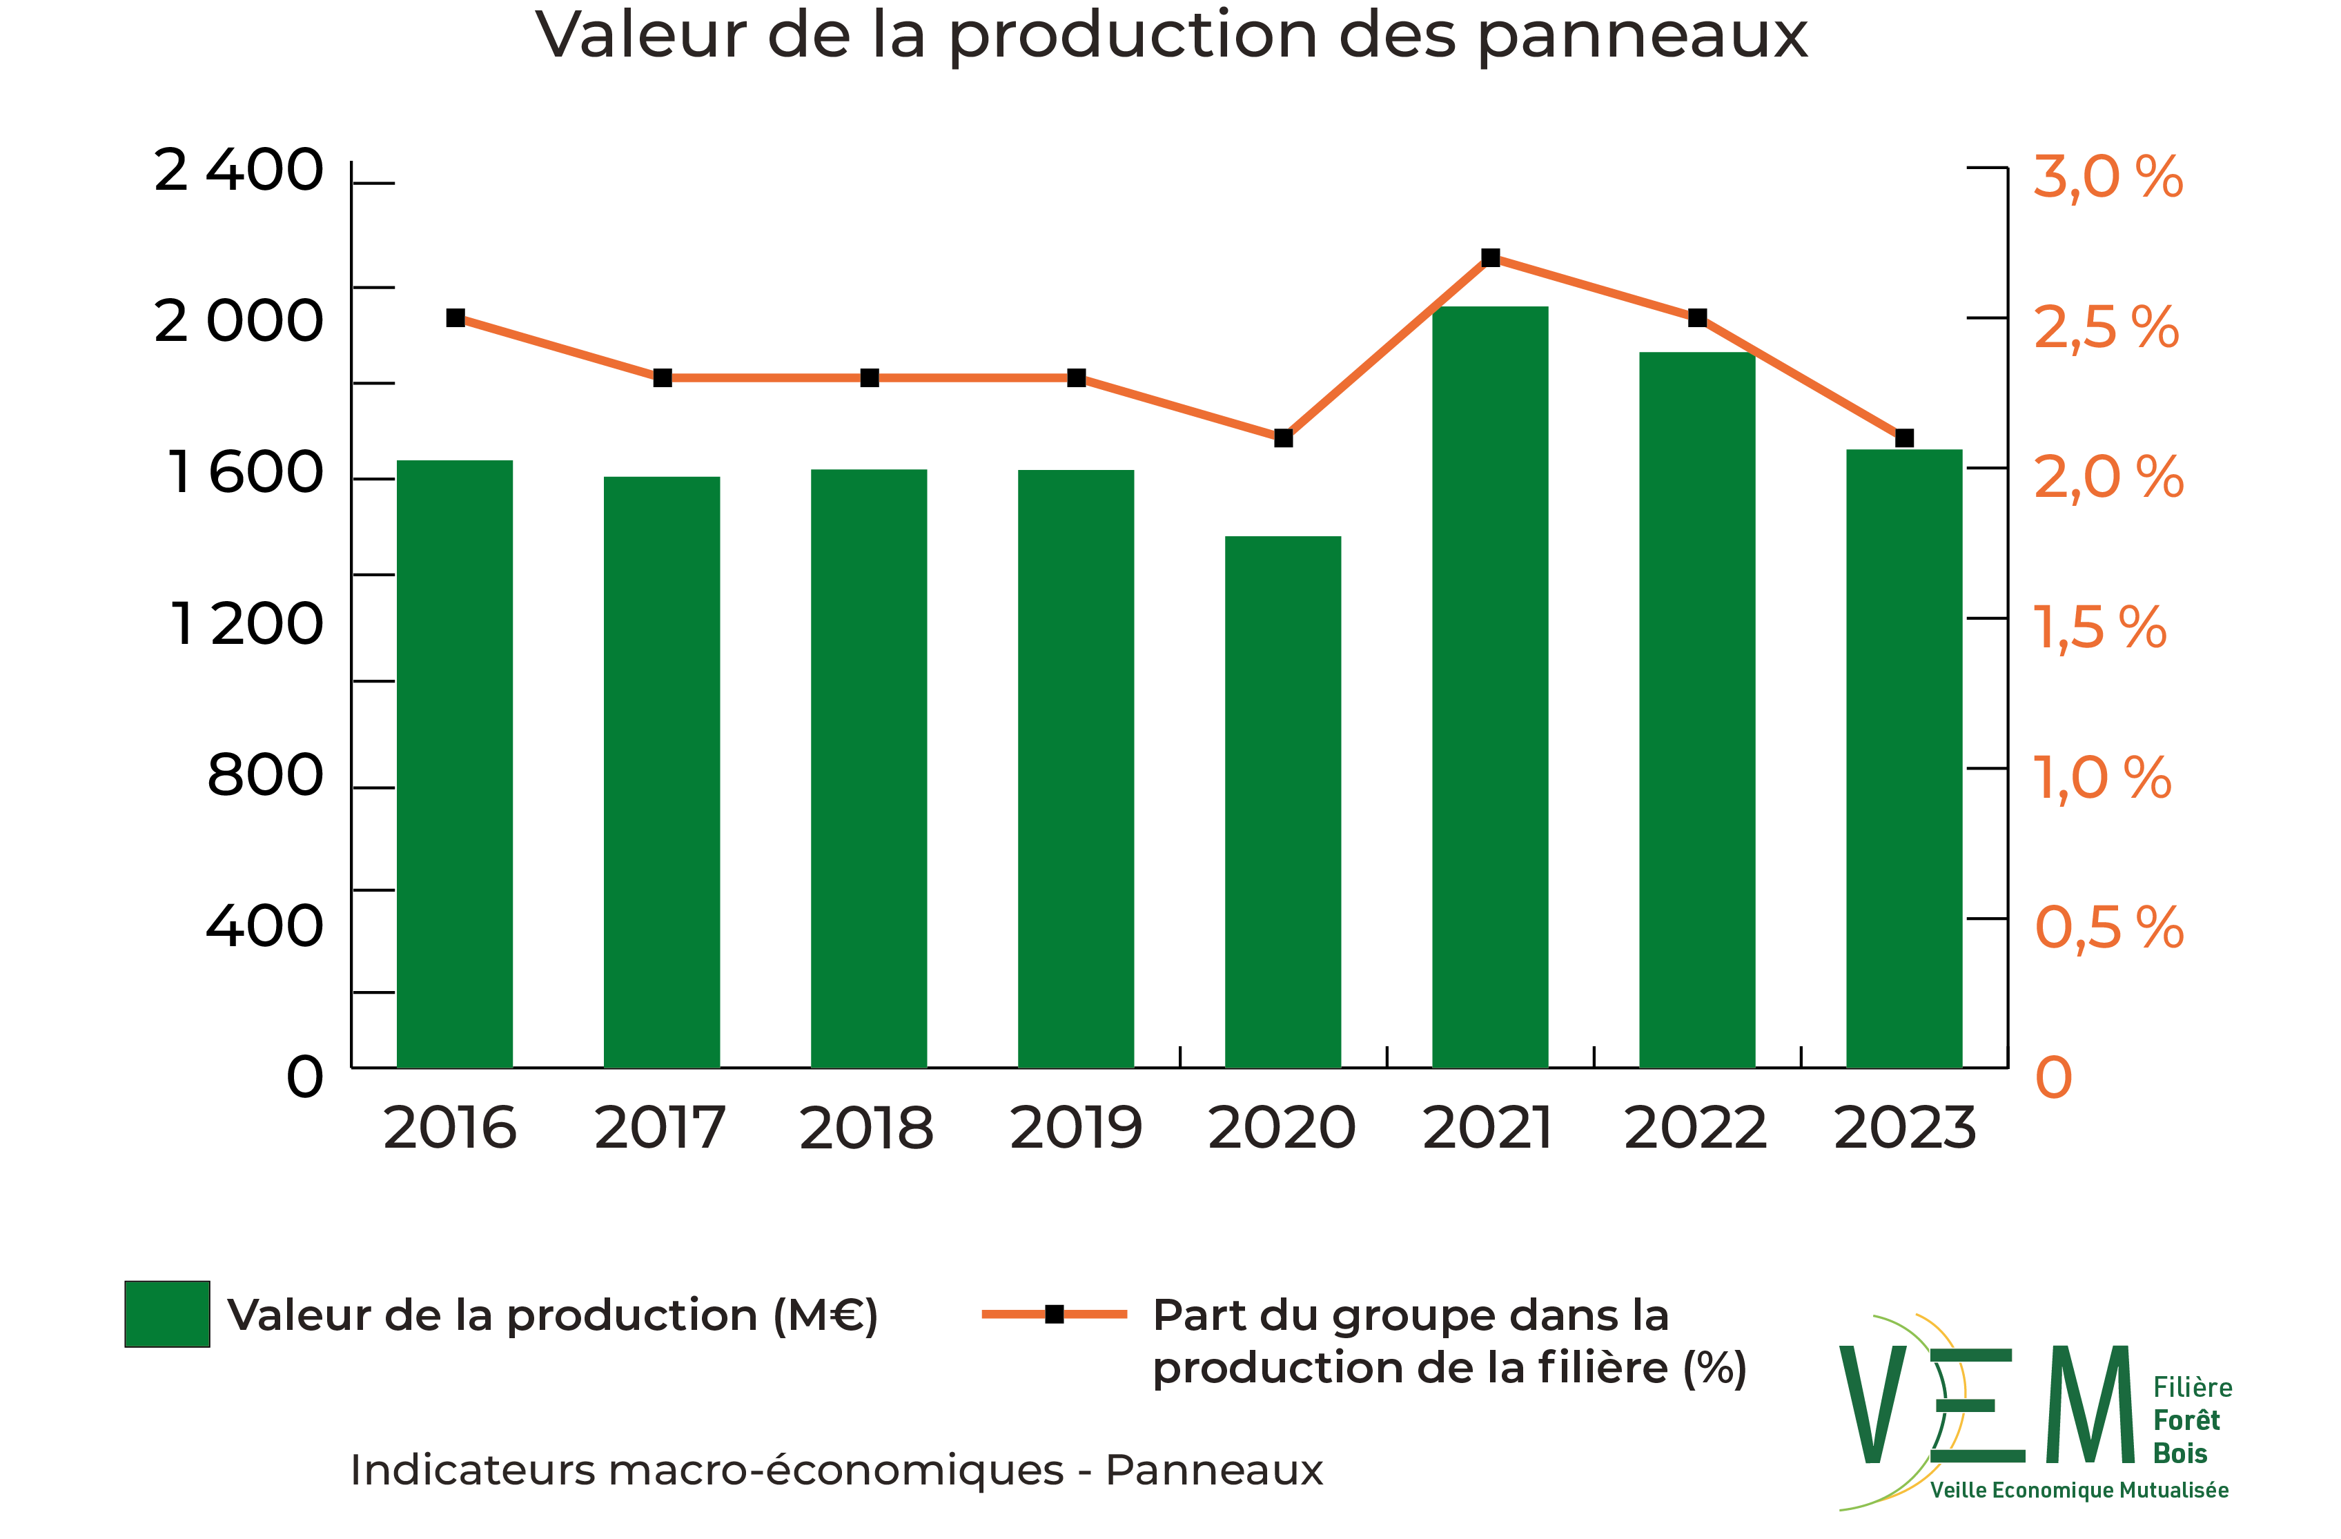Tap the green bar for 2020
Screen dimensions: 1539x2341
click(1282, 801)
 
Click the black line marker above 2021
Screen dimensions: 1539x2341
click(1490, 257)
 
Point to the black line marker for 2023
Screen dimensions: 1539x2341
click(1904, 438)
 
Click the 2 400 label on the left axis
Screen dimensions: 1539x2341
click(239, 171)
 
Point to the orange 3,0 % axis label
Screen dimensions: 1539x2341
click(2107, 178)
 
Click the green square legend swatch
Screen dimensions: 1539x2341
click(167, 1314)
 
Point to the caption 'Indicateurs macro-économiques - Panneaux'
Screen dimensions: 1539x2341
click(836, 1470)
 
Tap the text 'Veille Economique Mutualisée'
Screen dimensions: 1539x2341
click(2078, 1491)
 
